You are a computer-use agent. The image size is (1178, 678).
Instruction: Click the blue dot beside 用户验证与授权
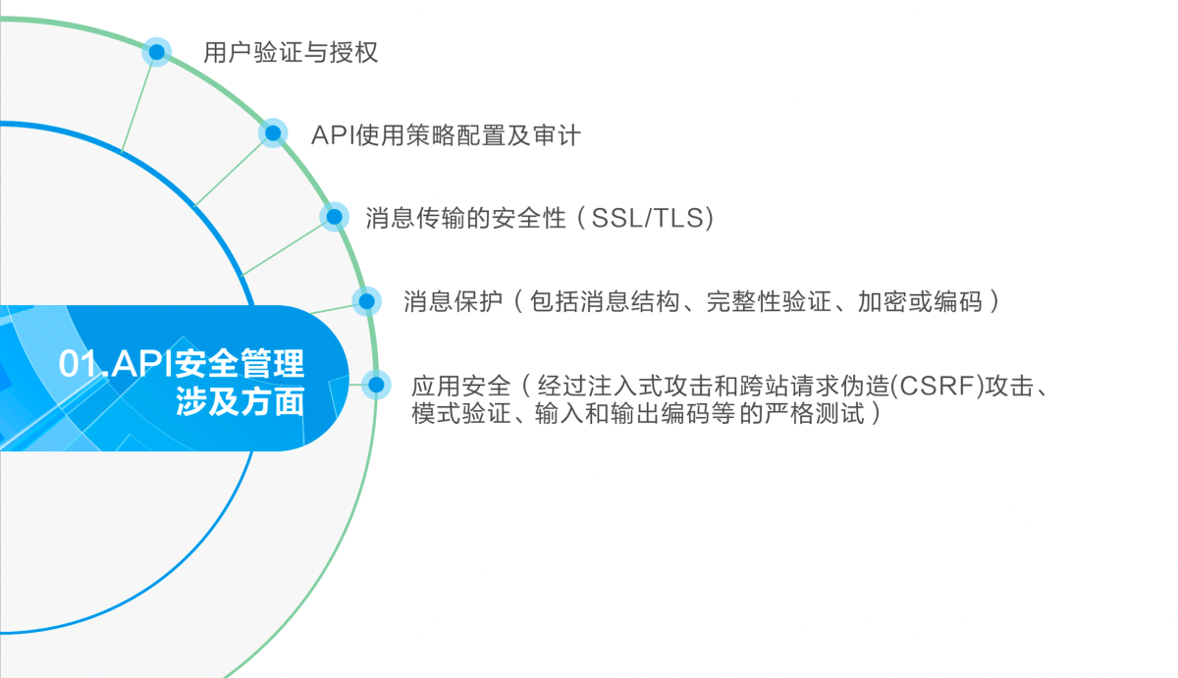point(157,52)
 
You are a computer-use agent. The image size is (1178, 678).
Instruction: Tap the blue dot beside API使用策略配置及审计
point(273,133)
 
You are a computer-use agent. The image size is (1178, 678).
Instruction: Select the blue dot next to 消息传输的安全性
point(335,217)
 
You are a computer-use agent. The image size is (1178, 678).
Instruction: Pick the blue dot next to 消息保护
point(366,301)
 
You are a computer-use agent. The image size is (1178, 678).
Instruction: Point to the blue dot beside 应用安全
point(376,385)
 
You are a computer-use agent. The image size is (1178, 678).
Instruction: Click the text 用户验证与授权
point(291,53)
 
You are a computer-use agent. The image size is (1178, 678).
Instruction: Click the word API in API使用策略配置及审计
point(333,135)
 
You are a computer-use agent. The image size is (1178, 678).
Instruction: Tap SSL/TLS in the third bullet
point(647,218)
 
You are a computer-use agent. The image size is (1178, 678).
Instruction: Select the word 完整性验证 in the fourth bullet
point(769,301)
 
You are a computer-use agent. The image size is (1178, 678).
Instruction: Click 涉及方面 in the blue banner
point(240,402)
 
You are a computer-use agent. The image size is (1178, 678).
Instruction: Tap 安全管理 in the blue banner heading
point(240,363)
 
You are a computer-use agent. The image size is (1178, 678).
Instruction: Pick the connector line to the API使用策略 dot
point(228,173)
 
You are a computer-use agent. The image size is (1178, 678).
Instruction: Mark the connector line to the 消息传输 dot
point(284,248)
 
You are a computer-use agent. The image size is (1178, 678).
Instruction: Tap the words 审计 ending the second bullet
point(557,135)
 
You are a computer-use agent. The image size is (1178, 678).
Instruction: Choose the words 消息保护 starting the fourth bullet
point(454,301)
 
